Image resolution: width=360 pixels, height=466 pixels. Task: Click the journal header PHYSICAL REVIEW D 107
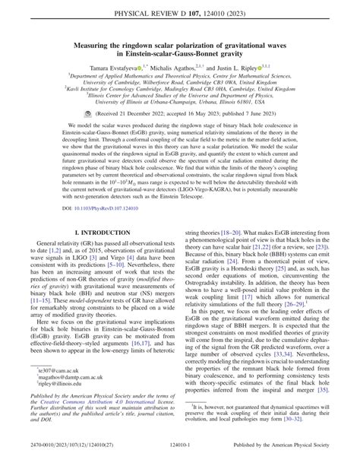(163, 13)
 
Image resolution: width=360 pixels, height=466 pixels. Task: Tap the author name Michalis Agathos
(196, 67)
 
